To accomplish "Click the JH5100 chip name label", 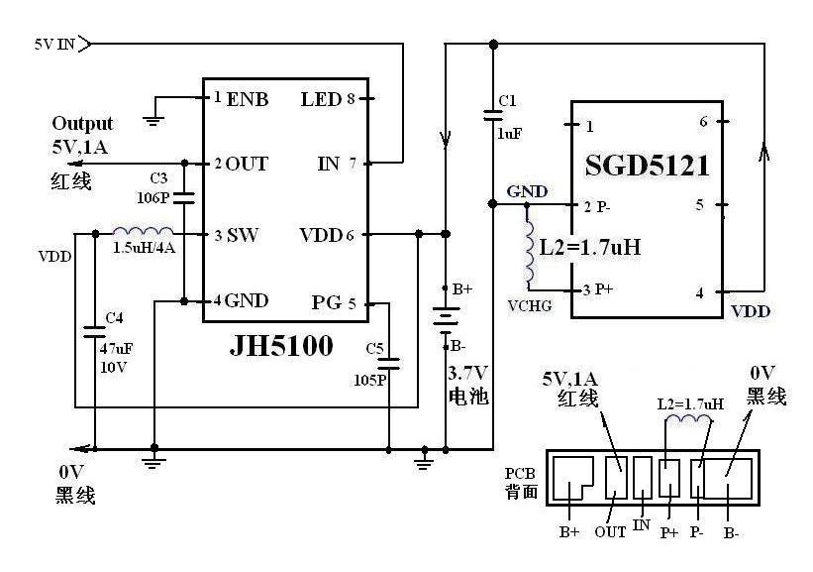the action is tap(280, 346).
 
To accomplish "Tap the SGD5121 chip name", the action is tap(647, 167).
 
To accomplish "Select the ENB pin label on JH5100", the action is tap(248, 99).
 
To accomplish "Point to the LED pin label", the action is tap(322, 99).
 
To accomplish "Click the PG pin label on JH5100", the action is tap(326, 302).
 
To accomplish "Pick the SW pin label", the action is tap(243, 236).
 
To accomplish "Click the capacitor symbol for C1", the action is tap(493, 115).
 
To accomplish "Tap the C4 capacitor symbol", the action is tap(95, 332).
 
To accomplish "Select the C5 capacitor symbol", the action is tap(389, 364).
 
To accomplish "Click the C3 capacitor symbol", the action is tap(184, 197).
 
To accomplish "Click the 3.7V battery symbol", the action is tap(446, 318).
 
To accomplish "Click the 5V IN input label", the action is tap(55, 45).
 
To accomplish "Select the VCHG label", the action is tap(530, 306).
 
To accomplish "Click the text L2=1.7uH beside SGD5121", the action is tap(590, 247).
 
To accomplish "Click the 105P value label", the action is tap(370, 381).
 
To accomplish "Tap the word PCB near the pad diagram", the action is tap(520, 474).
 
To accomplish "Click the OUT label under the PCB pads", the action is tap(610, 532).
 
